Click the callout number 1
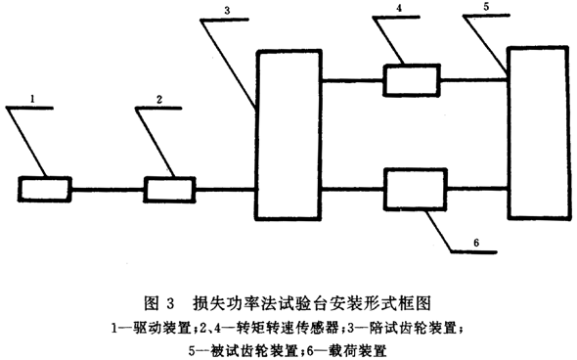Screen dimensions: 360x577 [x=33, y=99]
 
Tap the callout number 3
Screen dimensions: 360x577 [x=227, y=11]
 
